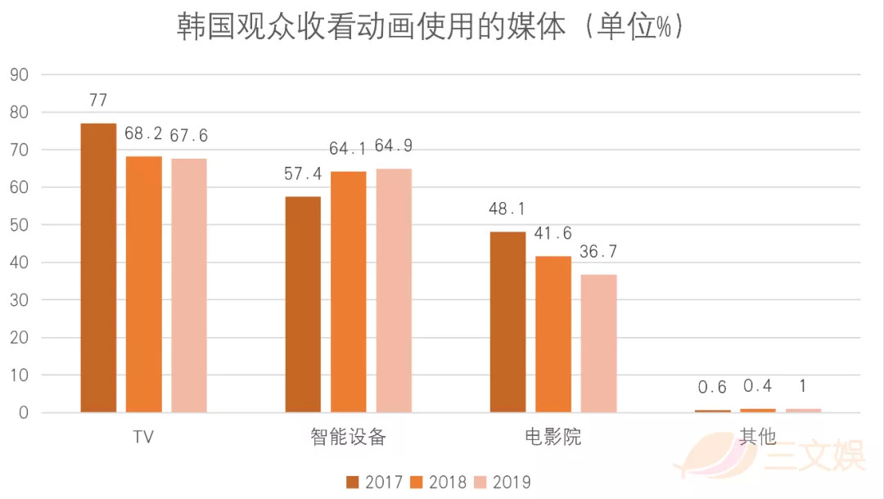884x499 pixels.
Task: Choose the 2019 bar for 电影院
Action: (x=598, y=343)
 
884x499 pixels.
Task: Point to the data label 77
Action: (x=98, y=101)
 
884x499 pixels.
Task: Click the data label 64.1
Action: (x=348, y=149)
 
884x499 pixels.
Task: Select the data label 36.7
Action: (x=598, y=252)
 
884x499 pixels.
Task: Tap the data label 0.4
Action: (x=758, y=386)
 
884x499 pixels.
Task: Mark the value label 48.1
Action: (x=507, y=209)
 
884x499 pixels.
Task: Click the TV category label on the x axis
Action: (x=143, y=437)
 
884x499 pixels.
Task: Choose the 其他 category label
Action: (x=757, y=437)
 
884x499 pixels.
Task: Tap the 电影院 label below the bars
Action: (x=552, y=437)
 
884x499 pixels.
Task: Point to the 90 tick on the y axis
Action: (x=19, y=74)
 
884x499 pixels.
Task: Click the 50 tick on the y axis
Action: (x=19, y=225)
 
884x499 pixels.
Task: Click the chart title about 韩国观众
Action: (x=430, y=27)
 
